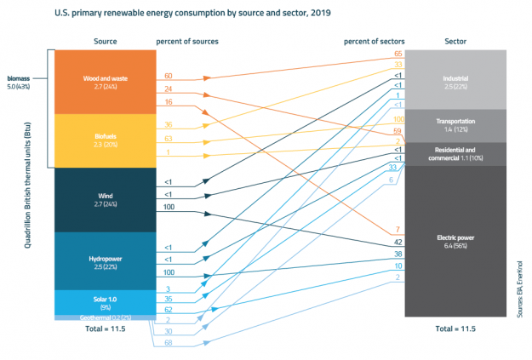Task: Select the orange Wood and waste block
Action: click(x=104, y=82)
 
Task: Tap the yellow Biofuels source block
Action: click(x=104, y=140)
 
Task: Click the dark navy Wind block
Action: click(x=104, y=200)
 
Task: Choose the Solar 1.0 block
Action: click(x=104, y=301)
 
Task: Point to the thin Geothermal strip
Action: click(x=104, y=317)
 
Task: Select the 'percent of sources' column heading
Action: click(x=186, y=41)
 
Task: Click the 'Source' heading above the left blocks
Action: click(x=104, y=41)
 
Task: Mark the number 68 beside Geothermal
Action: click(x=168, y=342)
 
